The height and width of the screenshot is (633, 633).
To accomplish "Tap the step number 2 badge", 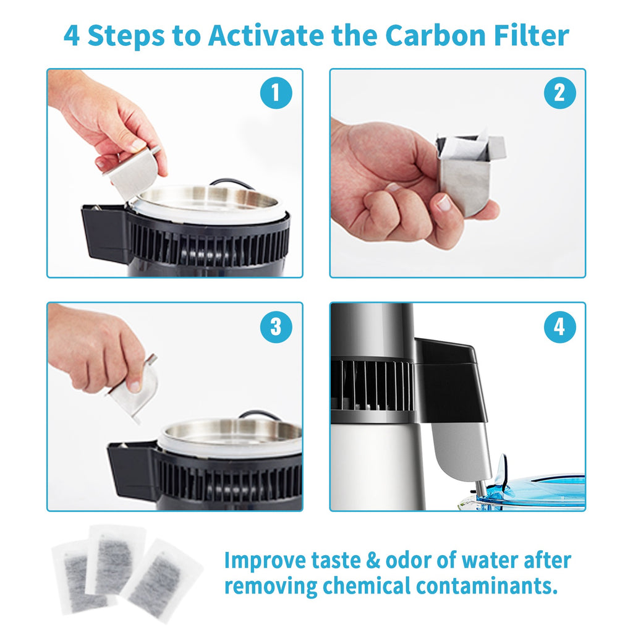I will click(559, 93).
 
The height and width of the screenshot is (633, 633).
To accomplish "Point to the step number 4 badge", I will click(559, 327).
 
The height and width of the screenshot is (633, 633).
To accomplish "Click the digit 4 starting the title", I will click(72, 35).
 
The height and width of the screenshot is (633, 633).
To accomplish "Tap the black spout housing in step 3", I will click(131, 470).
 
